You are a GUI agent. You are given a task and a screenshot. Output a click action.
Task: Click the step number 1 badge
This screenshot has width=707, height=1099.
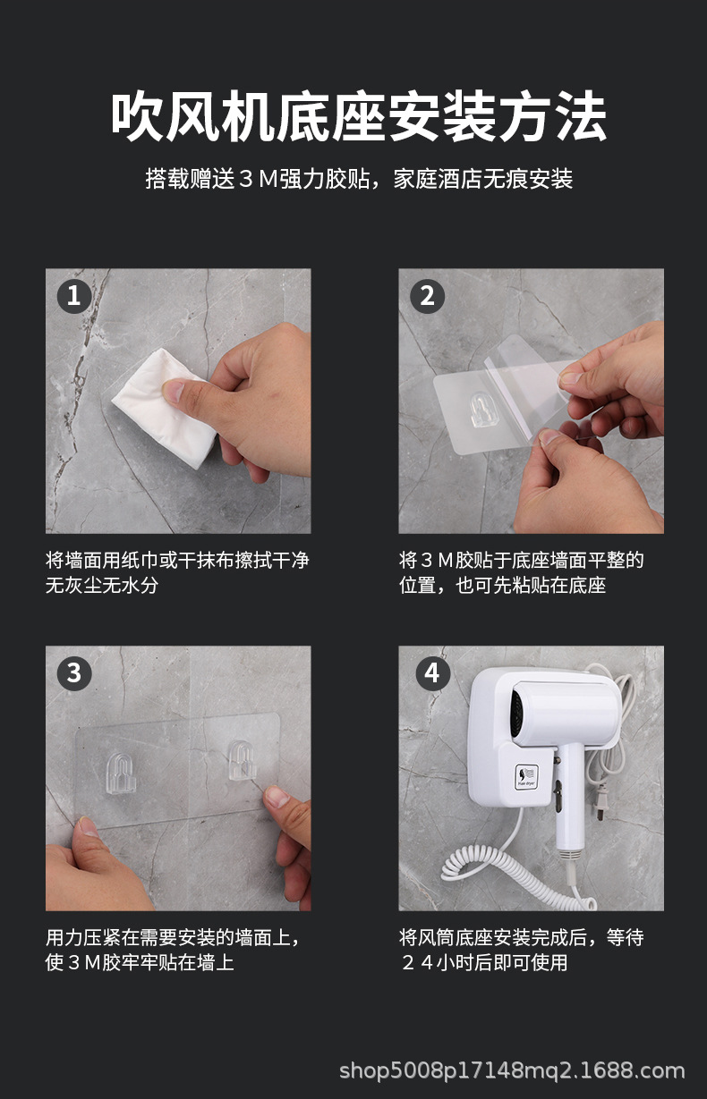point(74,295)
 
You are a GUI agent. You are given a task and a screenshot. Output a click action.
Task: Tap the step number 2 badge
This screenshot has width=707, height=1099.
point(427,295)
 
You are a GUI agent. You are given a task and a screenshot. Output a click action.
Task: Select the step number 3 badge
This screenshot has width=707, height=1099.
point(74,672)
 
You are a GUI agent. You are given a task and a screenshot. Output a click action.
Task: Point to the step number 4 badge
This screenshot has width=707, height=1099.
point(432,672)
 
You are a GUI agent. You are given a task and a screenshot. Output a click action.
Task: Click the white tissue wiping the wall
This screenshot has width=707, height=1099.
point(166,409)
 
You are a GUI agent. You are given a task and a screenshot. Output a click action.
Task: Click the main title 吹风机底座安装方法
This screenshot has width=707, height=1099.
point(359,117)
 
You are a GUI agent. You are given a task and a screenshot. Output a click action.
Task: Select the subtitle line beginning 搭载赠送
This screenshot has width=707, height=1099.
point(359,179)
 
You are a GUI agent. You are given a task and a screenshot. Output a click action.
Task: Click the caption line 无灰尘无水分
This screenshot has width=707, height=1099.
point(102,586)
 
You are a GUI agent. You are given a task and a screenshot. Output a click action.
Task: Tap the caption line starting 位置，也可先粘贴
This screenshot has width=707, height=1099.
point(502,586)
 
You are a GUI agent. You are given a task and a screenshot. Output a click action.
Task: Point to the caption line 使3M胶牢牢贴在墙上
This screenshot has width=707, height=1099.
point(140,963)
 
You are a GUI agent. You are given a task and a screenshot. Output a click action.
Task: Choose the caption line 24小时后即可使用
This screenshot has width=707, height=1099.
point(483,963)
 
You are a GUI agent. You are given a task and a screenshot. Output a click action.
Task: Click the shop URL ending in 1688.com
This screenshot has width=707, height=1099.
point(512,1070)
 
